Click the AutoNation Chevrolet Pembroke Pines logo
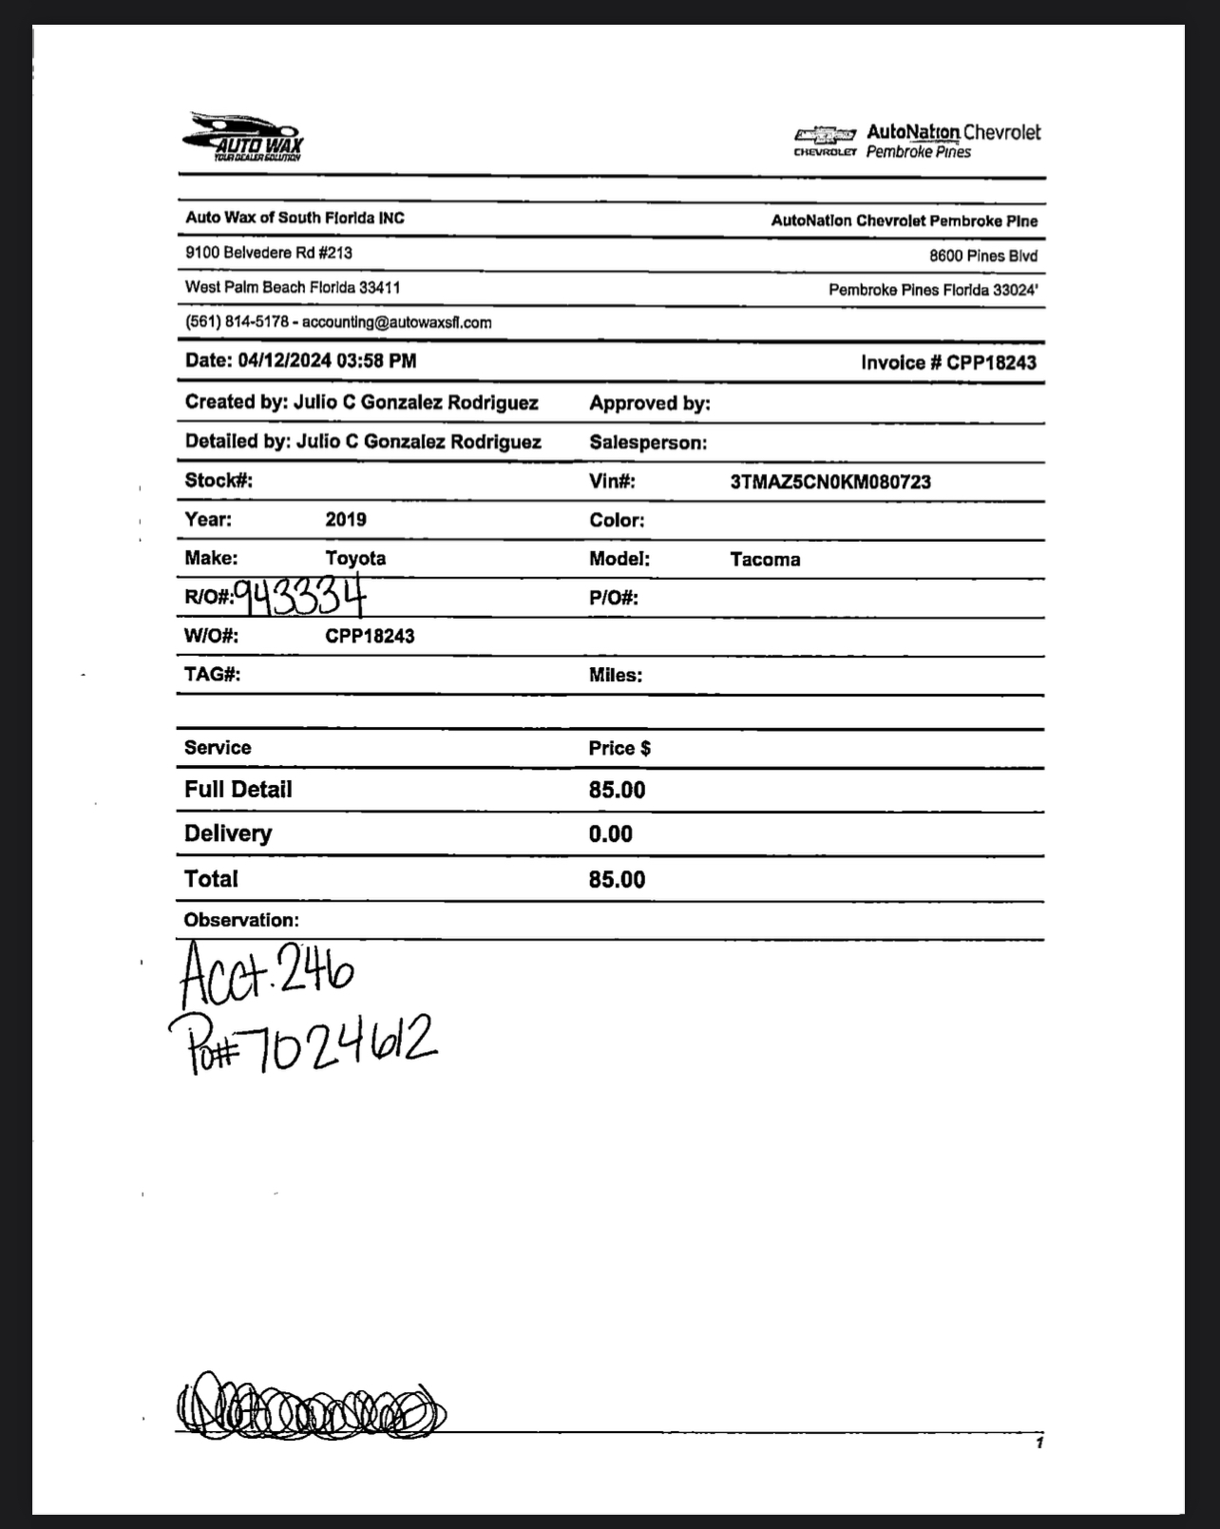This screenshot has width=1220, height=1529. (917, 141)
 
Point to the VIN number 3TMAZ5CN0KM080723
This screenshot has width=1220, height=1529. (830, 482)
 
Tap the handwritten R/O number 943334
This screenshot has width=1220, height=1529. (300, 597)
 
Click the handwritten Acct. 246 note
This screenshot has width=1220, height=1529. (267, 973)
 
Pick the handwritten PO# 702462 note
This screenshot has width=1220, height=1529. (302, 1042)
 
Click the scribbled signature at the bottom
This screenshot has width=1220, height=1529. (310, 1405)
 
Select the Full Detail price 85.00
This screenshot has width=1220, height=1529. (617, 791)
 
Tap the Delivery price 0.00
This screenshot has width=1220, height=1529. (610, 834)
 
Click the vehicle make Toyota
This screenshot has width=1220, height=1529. (355, 559)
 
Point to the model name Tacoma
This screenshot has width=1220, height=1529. (765, 560)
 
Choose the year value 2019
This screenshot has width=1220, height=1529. (346, 520)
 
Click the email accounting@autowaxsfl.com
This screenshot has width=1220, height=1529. (397, 322)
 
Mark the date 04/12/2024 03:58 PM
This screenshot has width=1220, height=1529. (327, 361)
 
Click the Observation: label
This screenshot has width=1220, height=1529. (241, 920)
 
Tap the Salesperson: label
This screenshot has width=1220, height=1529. (648, 443)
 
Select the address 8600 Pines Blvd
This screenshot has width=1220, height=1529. (983, 256)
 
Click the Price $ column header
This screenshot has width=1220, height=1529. (620, 749)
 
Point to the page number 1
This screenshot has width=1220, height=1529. (1039, 1443)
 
